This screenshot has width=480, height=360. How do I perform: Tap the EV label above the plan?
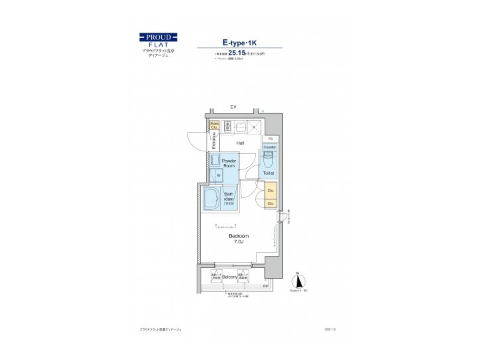click(x=233, y=107)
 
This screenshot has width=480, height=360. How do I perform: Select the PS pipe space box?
click(x=271, y=139)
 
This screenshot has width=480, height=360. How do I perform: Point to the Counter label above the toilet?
click(x=269, y=147)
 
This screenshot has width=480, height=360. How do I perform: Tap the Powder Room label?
click(x=229, y=163)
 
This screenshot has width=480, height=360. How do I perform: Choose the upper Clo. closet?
click(x=271, y=191)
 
